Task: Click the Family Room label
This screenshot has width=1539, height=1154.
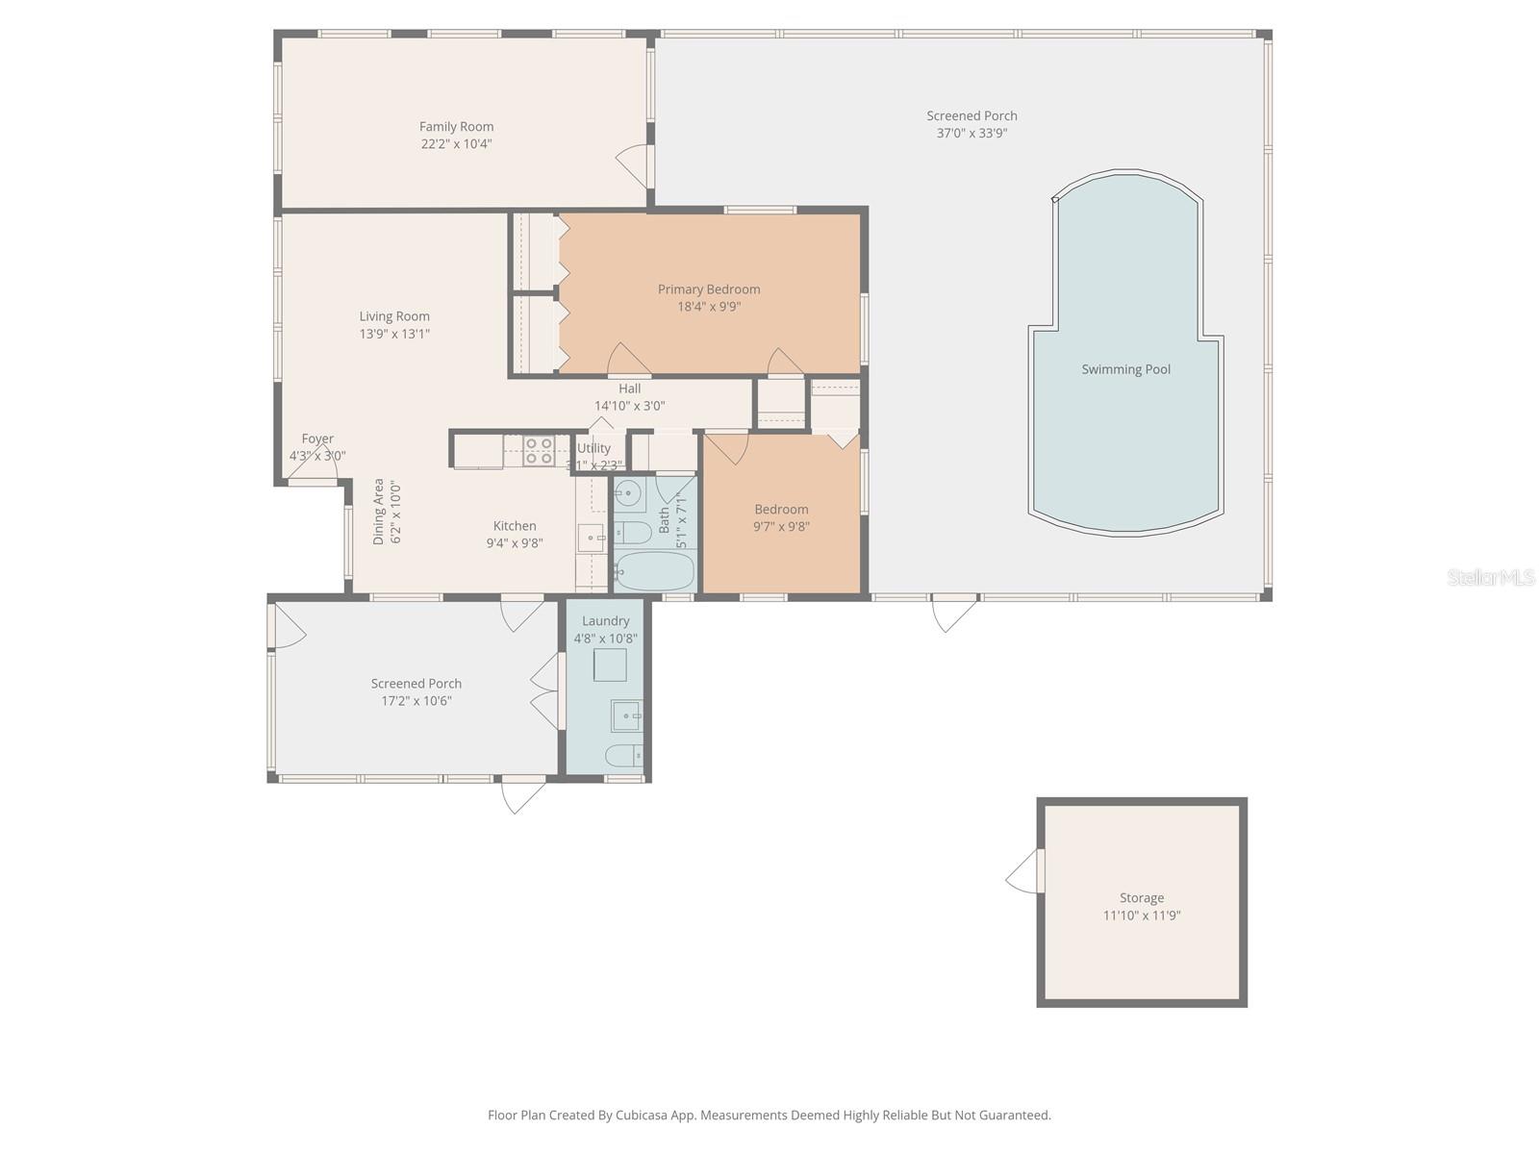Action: click(x=456, y=126)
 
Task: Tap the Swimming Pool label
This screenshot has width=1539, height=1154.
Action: click(x=1125, y=369)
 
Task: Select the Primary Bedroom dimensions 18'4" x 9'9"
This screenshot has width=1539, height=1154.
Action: click(x=709, y=307)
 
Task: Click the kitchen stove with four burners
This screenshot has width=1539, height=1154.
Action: click(x=539, y=451)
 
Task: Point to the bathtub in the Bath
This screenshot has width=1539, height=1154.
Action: click(x=654, y=571)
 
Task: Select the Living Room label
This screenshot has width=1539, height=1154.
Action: click(x=394, y=316)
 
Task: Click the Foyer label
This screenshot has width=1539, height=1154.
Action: click(x=317, y=439)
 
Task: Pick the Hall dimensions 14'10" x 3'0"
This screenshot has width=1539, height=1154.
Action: click(x=629, y=406)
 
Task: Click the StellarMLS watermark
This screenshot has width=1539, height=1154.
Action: click(x=1490, y=577)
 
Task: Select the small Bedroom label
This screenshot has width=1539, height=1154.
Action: click(x=781, y=510)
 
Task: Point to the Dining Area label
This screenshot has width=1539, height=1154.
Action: click(x=379, y=512)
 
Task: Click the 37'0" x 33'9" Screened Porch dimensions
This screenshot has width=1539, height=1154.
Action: click(x=971, y=134)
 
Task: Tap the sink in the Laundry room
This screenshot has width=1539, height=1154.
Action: click(x=625, y=715)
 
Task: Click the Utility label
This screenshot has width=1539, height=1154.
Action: click(x=593, y=448)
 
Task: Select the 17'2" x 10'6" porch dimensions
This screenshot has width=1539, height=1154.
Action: click(x=416, y=701)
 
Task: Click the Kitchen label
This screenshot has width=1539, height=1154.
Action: click(x=515, y=526)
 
